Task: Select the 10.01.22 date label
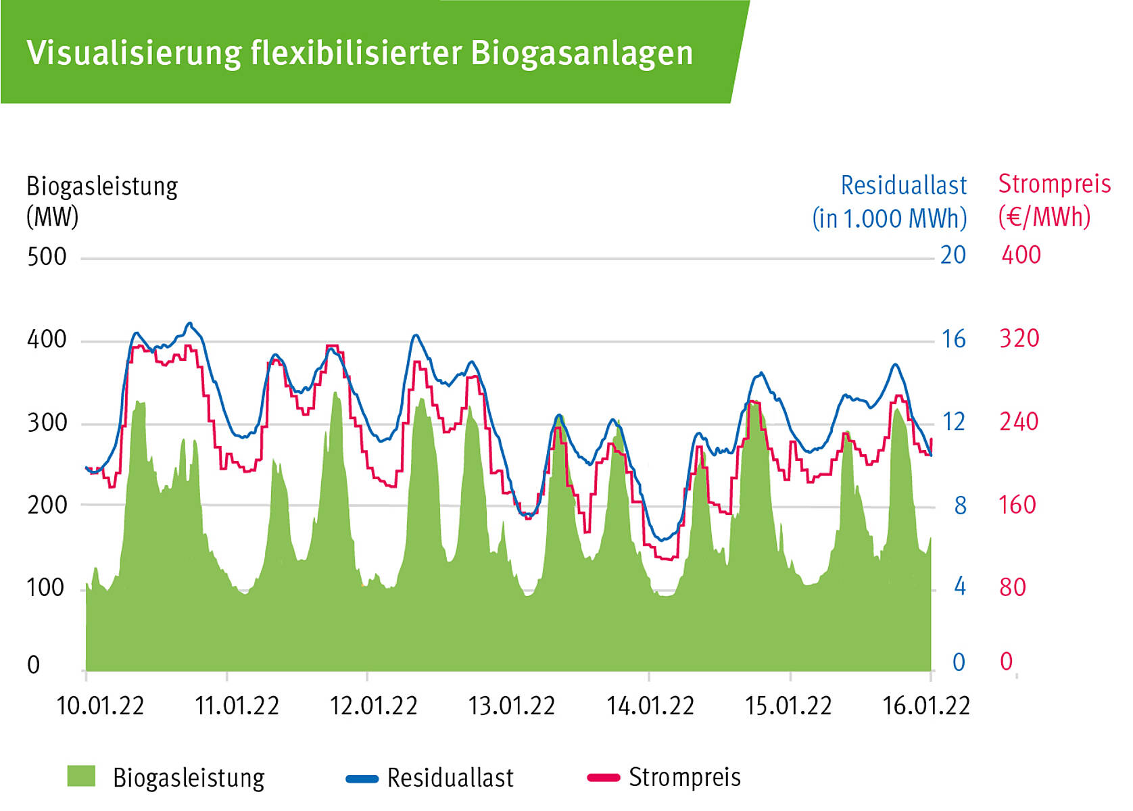point(100,706)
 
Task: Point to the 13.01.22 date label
point(511,706)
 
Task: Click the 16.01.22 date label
point(926,706)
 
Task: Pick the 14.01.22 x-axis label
point(650,706)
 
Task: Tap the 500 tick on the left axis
point(47,257)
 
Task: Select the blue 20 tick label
point(953,255)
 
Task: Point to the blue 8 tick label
point(960,506)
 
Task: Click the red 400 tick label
point(1021,255)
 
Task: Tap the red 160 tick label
point(1017,505)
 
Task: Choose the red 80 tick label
point(1013,587)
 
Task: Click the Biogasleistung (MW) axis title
point(101,201)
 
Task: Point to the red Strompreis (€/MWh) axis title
point(1053,200)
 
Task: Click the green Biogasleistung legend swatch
point(81,777)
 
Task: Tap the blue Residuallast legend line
point(362,779)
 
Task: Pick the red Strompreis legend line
point(604,778)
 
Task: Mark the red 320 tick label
point(1019,339)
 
